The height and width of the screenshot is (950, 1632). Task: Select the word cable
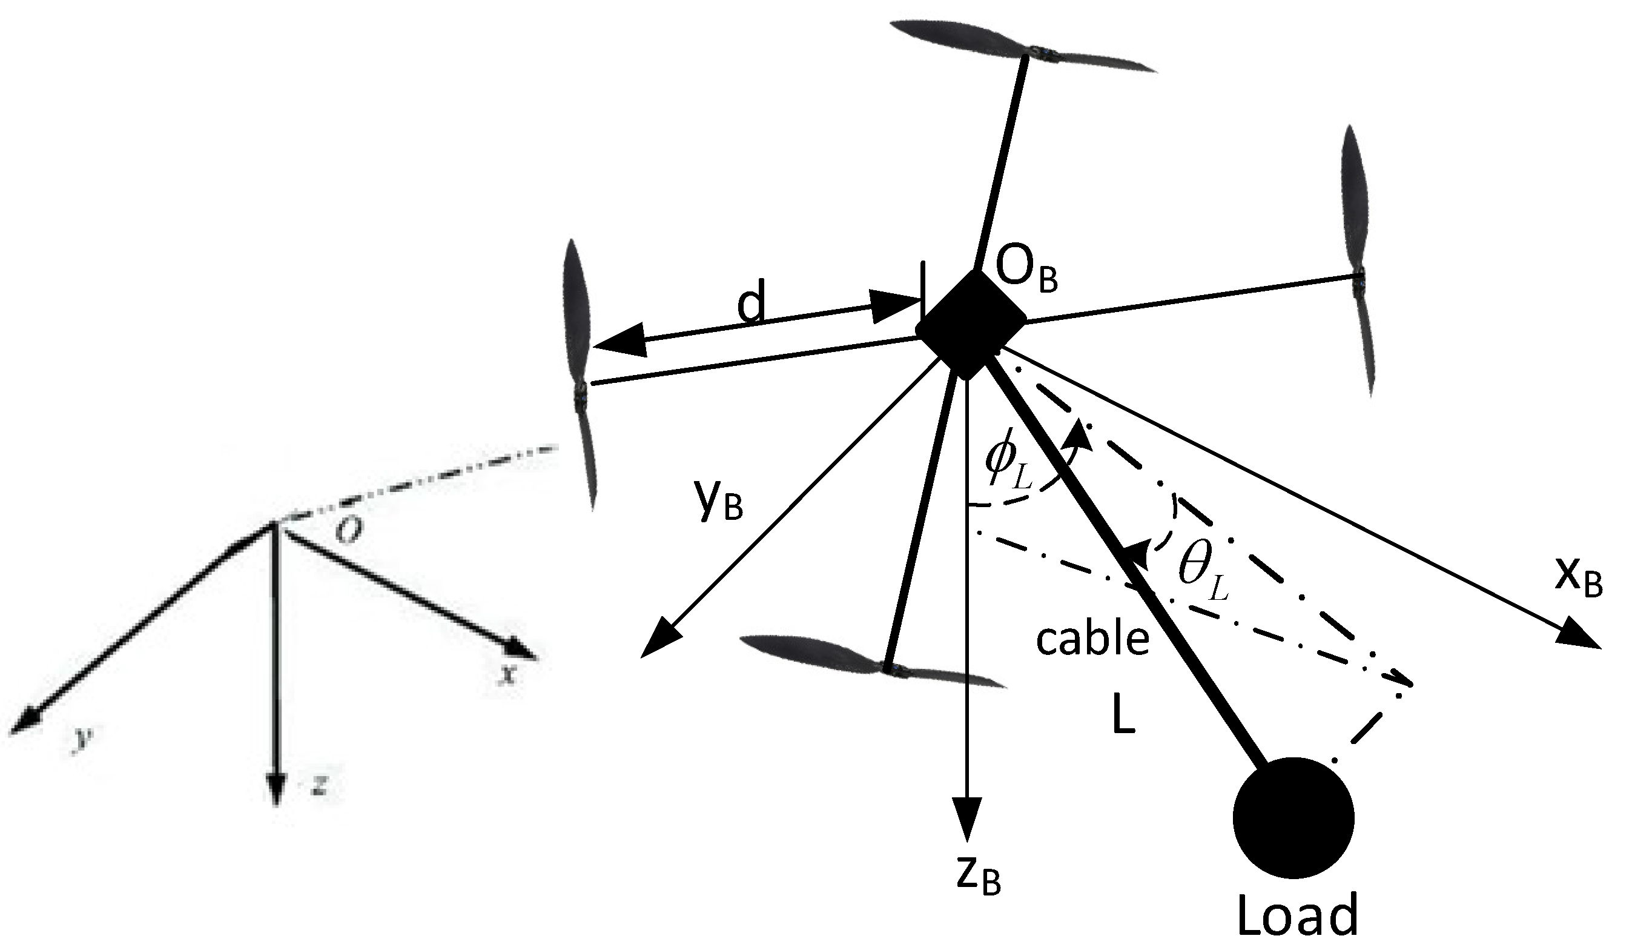1092,640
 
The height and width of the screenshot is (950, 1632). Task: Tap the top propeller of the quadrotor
1023,47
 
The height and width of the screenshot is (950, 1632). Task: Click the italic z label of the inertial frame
318,786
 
